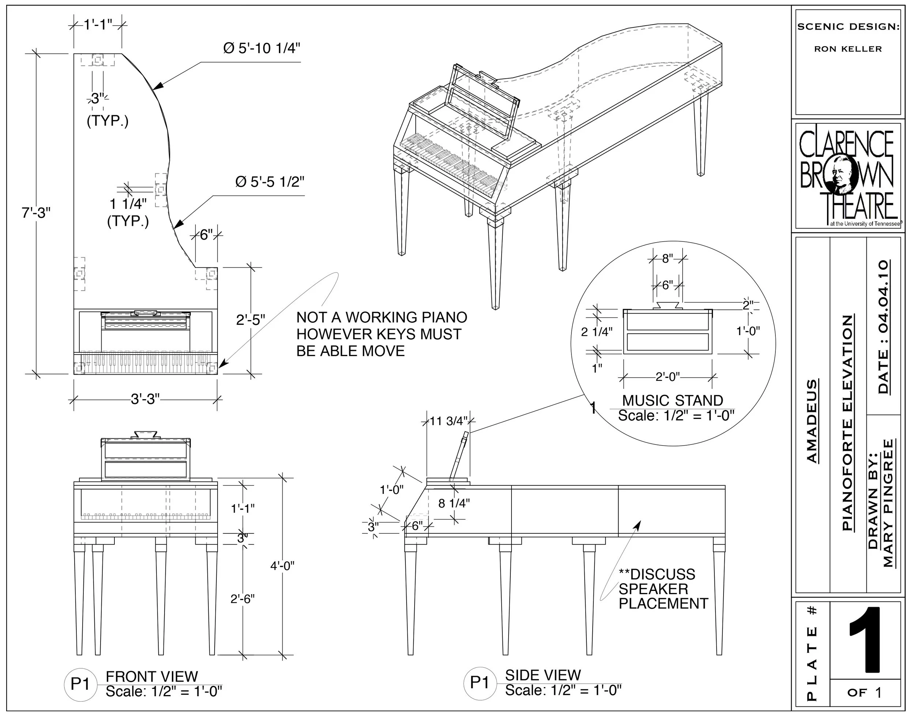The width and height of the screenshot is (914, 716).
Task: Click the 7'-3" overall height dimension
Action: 36,213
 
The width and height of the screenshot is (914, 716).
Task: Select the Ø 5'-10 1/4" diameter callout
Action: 262,49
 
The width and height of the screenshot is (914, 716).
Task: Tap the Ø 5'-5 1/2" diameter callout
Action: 270,182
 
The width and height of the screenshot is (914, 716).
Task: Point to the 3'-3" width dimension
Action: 146,399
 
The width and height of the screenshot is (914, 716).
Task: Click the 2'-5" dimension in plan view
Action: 250,320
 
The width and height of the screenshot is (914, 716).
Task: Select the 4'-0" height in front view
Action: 282,566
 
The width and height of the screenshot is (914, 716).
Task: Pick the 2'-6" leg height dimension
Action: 242,599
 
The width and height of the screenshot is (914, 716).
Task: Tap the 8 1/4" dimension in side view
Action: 454,503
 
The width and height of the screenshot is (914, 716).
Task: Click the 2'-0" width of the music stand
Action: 668,377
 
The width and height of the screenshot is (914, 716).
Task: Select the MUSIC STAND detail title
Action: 672,400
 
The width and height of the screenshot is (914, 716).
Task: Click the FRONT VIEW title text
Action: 152,676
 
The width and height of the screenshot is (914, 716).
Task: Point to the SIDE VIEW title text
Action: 543,675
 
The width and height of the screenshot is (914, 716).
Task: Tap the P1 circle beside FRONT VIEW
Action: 80,684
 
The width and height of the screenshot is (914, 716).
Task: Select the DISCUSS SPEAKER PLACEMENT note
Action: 663,589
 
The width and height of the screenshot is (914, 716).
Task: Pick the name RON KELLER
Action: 848,49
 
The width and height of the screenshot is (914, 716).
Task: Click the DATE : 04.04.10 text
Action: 883,327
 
